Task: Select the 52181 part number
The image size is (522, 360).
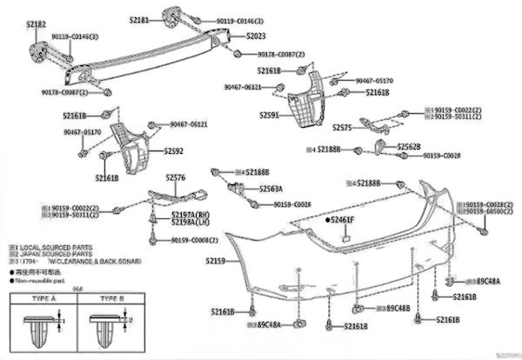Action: (x=141, y=18)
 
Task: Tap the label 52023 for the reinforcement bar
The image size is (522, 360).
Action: (x=258, y=37)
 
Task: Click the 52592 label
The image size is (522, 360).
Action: (x=174, y=151)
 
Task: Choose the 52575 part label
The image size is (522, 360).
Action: (x=344, y=127)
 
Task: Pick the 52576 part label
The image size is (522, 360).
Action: (x=177, y=178)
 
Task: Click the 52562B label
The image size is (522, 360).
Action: (x=409, y=147)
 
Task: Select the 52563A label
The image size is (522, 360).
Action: (x=272, y=188)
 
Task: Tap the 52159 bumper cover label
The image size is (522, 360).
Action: (x=216, y=261)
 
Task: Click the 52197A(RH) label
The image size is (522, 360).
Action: (x=191, y=215)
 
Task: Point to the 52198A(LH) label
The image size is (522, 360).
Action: (x=191, y=223)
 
